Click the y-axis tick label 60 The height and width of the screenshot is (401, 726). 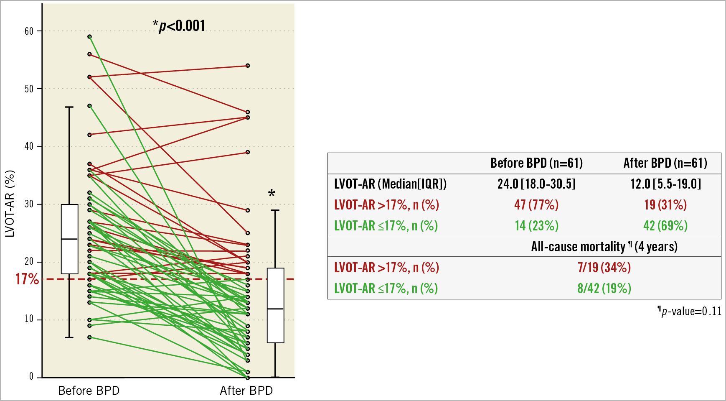[29, 31]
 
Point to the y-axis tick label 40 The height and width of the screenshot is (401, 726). [29, 147]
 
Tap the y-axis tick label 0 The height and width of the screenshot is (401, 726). [31, 377]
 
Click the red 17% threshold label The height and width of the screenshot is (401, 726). [27, 279]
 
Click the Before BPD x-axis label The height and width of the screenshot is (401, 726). [89, 391]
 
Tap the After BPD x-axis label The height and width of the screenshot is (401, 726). [246, 391]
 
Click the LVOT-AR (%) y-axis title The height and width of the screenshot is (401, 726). [10, 204]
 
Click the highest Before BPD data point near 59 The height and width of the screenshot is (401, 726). [90, 37]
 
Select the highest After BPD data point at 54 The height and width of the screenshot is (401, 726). [248, 66]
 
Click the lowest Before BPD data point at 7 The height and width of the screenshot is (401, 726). [90, 337]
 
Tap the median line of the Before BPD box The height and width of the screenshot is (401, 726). [70, 239]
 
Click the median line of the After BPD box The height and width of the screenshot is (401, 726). [276, 309]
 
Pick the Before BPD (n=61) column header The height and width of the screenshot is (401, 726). [536, 163]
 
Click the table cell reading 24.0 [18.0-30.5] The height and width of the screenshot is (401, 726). [536, 184]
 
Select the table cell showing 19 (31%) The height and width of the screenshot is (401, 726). [665, 205]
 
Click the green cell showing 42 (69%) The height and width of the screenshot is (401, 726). [665, 226]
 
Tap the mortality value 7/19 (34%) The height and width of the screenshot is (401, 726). [604, 268]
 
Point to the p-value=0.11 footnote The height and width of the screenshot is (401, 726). [690, 312]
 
